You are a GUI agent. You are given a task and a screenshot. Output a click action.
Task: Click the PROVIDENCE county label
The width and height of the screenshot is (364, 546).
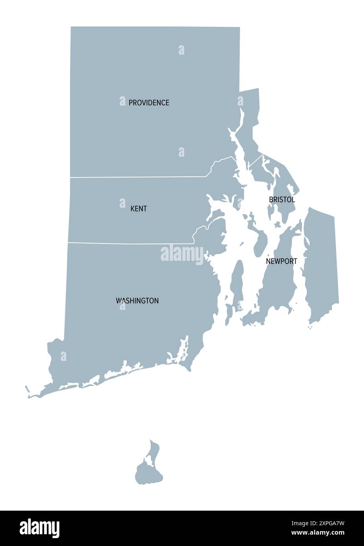tap(149, 103)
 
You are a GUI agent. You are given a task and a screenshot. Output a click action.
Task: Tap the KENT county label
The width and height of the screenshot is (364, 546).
tap(138, 209)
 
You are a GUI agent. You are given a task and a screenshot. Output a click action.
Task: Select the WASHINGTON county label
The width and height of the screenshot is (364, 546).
tap(137, 301)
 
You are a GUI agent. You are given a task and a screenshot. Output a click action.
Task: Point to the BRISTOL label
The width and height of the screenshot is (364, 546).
tap(282, 200)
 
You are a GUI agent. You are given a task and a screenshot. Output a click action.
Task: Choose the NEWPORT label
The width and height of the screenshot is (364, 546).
tap(281, 261)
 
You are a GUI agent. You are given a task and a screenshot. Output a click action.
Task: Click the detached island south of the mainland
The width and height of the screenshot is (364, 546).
tap(149, 471)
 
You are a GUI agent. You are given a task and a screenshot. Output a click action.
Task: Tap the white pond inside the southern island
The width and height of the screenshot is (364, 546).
tap(149, 461)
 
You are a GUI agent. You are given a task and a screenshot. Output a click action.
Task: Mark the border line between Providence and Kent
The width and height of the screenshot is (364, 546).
tap(138, 177)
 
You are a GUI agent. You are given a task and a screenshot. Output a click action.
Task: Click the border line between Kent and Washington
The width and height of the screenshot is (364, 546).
tap(130, 243)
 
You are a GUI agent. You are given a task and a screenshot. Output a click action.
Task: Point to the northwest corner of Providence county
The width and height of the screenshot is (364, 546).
tap(72, 27)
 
